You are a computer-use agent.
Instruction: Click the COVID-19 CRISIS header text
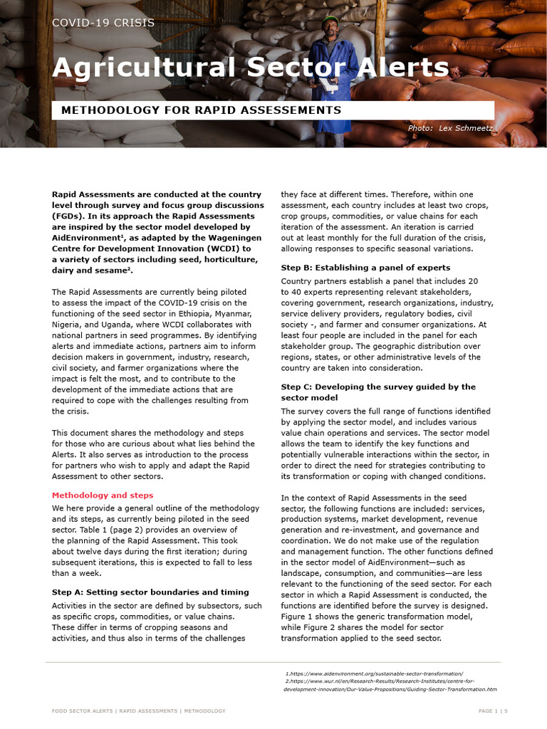tap(103, 23)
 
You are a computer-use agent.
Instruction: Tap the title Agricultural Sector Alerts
tap(250, 68)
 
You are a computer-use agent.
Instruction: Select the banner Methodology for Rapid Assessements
tap(201, 110)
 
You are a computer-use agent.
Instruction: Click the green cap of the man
tap(329, 19)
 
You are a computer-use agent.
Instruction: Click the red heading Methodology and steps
tap(103, 495)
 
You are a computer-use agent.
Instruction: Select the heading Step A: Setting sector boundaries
tap(150, 592)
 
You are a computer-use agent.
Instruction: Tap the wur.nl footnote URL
tap(379, 681)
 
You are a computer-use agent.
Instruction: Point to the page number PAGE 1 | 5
tap(492, 710)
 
